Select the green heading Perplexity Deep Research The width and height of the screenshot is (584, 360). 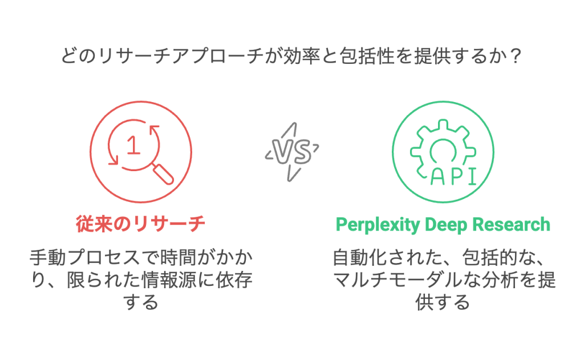click(443, 224)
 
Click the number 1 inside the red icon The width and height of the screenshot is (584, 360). click(133, 145)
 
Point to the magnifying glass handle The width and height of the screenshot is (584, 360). click(164, 174)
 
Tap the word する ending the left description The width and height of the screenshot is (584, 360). click(141, 303)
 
